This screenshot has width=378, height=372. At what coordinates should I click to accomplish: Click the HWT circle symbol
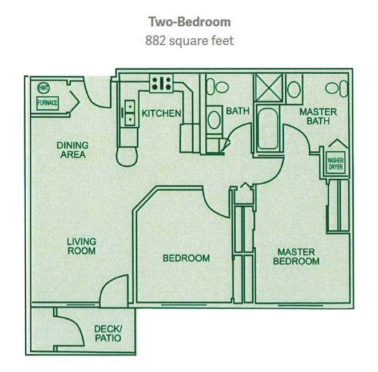(43, 88)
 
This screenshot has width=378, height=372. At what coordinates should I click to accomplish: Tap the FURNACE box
(47, 103)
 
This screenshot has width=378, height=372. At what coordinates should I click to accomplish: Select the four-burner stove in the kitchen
(161, 83)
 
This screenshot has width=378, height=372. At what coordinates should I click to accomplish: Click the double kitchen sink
(130, 113)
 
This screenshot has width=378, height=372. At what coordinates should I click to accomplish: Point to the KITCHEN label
(161, 114)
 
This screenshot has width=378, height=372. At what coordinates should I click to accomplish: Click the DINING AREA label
(73, 150)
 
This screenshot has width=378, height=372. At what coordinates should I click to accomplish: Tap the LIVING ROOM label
(81, 246)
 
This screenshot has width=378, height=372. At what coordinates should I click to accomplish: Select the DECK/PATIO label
(108, 334)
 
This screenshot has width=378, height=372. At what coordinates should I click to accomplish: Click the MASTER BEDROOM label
(296, 257)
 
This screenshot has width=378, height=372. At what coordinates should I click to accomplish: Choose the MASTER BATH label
(318, 116)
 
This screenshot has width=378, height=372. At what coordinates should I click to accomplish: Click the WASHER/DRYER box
(336, 164)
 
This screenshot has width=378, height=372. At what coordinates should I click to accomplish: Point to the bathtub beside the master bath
(268, 129)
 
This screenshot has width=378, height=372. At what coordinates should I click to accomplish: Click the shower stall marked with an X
(269, 88)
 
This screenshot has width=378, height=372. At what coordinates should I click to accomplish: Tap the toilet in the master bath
(336, 88)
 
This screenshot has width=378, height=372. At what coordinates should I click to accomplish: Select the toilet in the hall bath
(217, 87)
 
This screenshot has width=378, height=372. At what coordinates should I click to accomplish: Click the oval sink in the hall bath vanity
(214, 119)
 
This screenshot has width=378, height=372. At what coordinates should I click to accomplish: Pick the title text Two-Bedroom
(189, 22)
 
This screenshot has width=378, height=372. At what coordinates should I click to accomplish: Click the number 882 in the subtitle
(156, 41)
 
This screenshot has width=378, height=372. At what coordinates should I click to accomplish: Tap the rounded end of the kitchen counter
(127, 157)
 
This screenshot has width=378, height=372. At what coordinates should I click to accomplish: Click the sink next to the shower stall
(294, 90)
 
